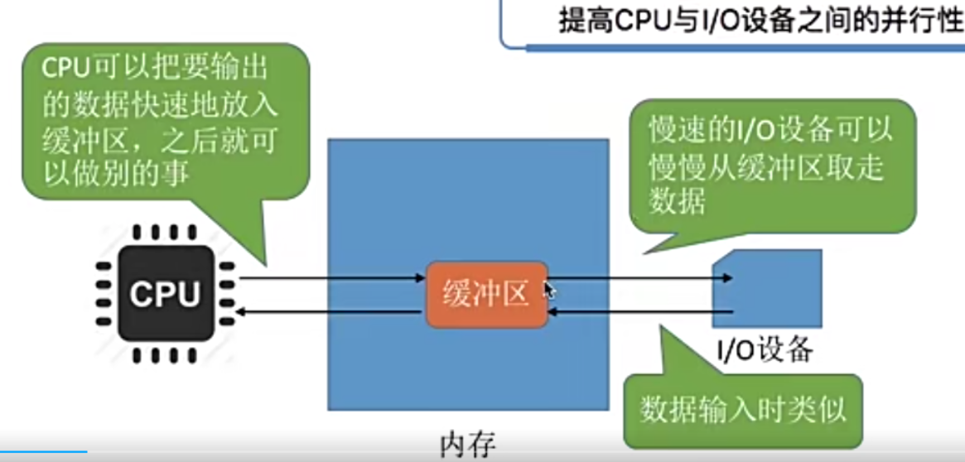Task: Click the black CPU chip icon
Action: coord(166,294)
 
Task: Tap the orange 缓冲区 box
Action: coord(487,295)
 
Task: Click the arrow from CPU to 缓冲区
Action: coord(331,278)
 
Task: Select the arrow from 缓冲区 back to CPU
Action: coord(331,312)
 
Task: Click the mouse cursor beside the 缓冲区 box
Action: coord(550,290)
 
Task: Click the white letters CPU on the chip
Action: coord(166,294)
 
